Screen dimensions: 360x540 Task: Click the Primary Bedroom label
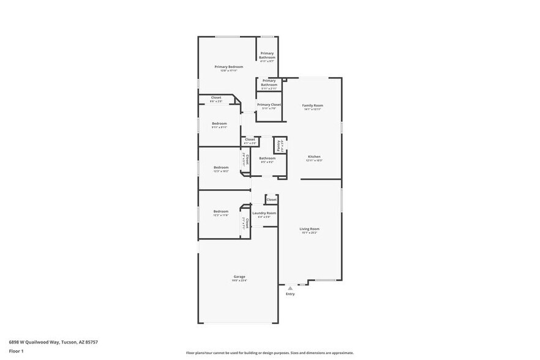click(228, 67)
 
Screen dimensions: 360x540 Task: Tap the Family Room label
click(312, 105)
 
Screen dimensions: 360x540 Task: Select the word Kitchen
click(313, 157)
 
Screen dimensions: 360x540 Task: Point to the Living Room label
click(309, 229)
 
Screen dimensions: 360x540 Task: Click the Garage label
click(239, 276)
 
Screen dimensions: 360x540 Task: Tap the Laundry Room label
click(264, 213)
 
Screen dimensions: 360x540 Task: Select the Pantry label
click(279, 145)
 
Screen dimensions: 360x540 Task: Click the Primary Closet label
click(269, 105)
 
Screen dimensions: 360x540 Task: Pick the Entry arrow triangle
click(290, 287)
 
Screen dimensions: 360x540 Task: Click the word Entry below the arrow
click(290, 294)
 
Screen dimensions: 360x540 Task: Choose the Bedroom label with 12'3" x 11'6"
click(220, 211)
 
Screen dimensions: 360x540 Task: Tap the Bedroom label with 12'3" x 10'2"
click(220, 167)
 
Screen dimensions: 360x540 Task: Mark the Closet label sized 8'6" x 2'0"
click(216, 97)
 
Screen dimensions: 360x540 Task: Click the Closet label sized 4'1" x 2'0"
click(250, 140)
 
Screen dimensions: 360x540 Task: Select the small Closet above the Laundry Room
click(271, 200)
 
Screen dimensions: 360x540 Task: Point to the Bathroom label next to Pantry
click(267, 158)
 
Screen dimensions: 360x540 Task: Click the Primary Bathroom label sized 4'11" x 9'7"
click(267, 55)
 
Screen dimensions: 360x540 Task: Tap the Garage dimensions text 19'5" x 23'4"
click(239, 280)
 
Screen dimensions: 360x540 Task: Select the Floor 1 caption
click(16, 351)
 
